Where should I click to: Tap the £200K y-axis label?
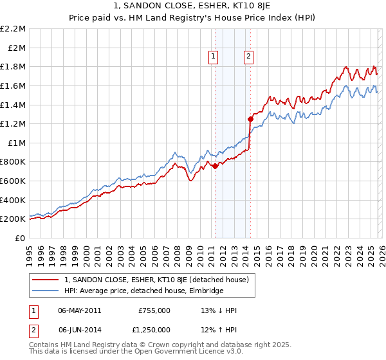(14, 219)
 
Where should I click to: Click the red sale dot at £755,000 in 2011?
(215, 166)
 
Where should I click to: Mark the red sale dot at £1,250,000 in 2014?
(250, 118)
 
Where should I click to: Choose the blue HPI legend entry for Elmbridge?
(143, 291)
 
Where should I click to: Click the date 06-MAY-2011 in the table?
(79, 310)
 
